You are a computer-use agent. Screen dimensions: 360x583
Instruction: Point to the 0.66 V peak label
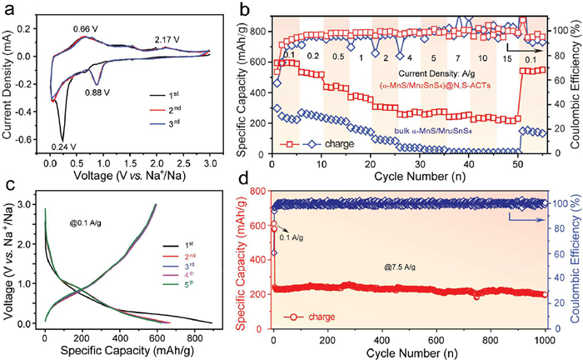[x=85, y=29]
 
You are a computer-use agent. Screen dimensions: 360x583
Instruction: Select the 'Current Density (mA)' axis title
[x=10, y=79]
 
